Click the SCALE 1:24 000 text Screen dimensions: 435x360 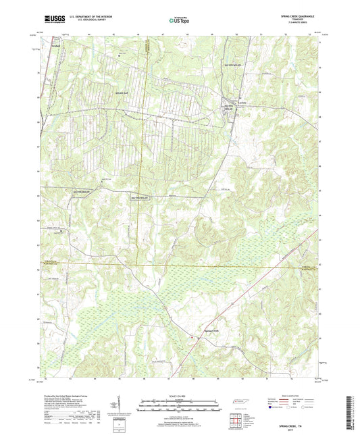(x=180, y=395)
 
